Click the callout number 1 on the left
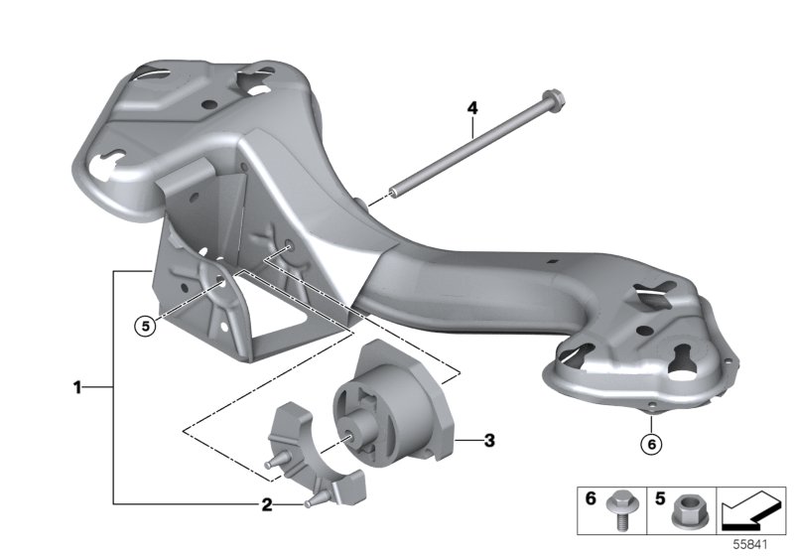point(76,387)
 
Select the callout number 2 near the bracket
point(266,504)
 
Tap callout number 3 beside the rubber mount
point(487,438)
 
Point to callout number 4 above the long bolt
point(472,106)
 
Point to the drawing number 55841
point(751,545)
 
